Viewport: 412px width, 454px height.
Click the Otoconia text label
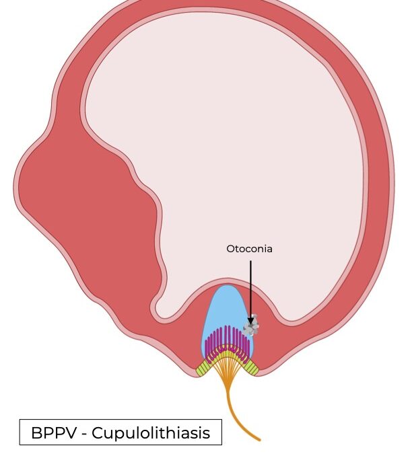pos(249,249)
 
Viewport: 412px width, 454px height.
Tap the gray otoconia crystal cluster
pos(252,328)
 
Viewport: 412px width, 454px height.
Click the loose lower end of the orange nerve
pos(259,439)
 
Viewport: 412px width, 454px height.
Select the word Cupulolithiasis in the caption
pos(156,433)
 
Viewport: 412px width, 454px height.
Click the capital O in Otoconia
pos(230,249)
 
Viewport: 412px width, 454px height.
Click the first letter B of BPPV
pos(36,433)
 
